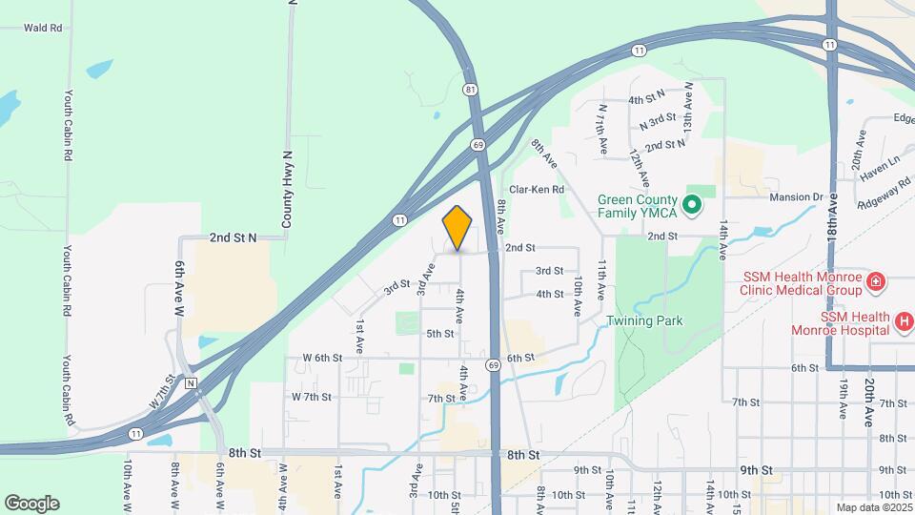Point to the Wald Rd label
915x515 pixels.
(x=43, y=29)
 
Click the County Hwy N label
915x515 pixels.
(x=286, y=188)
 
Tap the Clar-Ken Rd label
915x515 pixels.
(x=537, y=190)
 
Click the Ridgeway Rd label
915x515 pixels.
(x=884, y=194)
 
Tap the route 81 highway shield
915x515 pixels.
(x=471, y=90)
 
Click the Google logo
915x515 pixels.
(x=31, y=503)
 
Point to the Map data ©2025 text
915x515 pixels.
(x=874, y=507)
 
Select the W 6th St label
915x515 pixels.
(x=322, y=358)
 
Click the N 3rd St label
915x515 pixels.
(x=658, y=122)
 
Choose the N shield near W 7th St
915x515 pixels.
(x=191, y=383)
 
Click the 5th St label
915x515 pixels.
(x=439, y=334)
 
